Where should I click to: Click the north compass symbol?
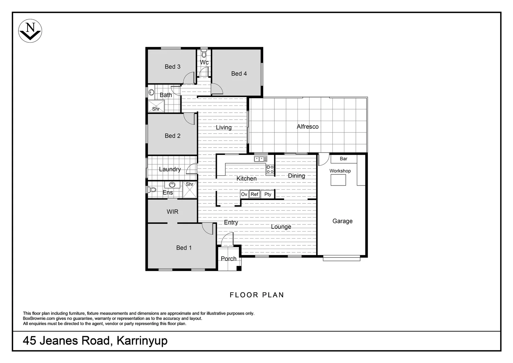[x=30, y=31]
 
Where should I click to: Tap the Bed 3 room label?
[x=173, y=67]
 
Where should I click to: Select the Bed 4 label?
[x=239, y=74]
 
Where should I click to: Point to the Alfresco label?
[x=308, y=127]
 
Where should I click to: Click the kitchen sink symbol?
[x=261, y=159]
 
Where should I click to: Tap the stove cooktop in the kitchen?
[x=270, y=169]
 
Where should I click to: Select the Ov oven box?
[x=244, y=194]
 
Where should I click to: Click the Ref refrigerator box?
[x=254, y=194]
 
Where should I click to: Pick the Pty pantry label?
[x=268, y=194]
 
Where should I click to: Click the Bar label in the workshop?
[x=343, y=159]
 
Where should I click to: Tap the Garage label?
[x=342, y=221]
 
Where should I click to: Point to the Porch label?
[x=229, y=259]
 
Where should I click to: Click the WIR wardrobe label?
[x=173, y=212]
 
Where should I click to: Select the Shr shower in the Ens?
[x=190, y=190]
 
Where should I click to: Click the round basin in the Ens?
[x=172, y=185]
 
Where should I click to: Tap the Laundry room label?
[x=170, y=169]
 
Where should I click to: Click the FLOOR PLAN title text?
[x=257, y=295]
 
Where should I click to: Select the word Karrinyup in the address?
[x=142, y=341]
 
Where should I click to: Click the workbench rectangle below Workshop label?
[x=338, y=180]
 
